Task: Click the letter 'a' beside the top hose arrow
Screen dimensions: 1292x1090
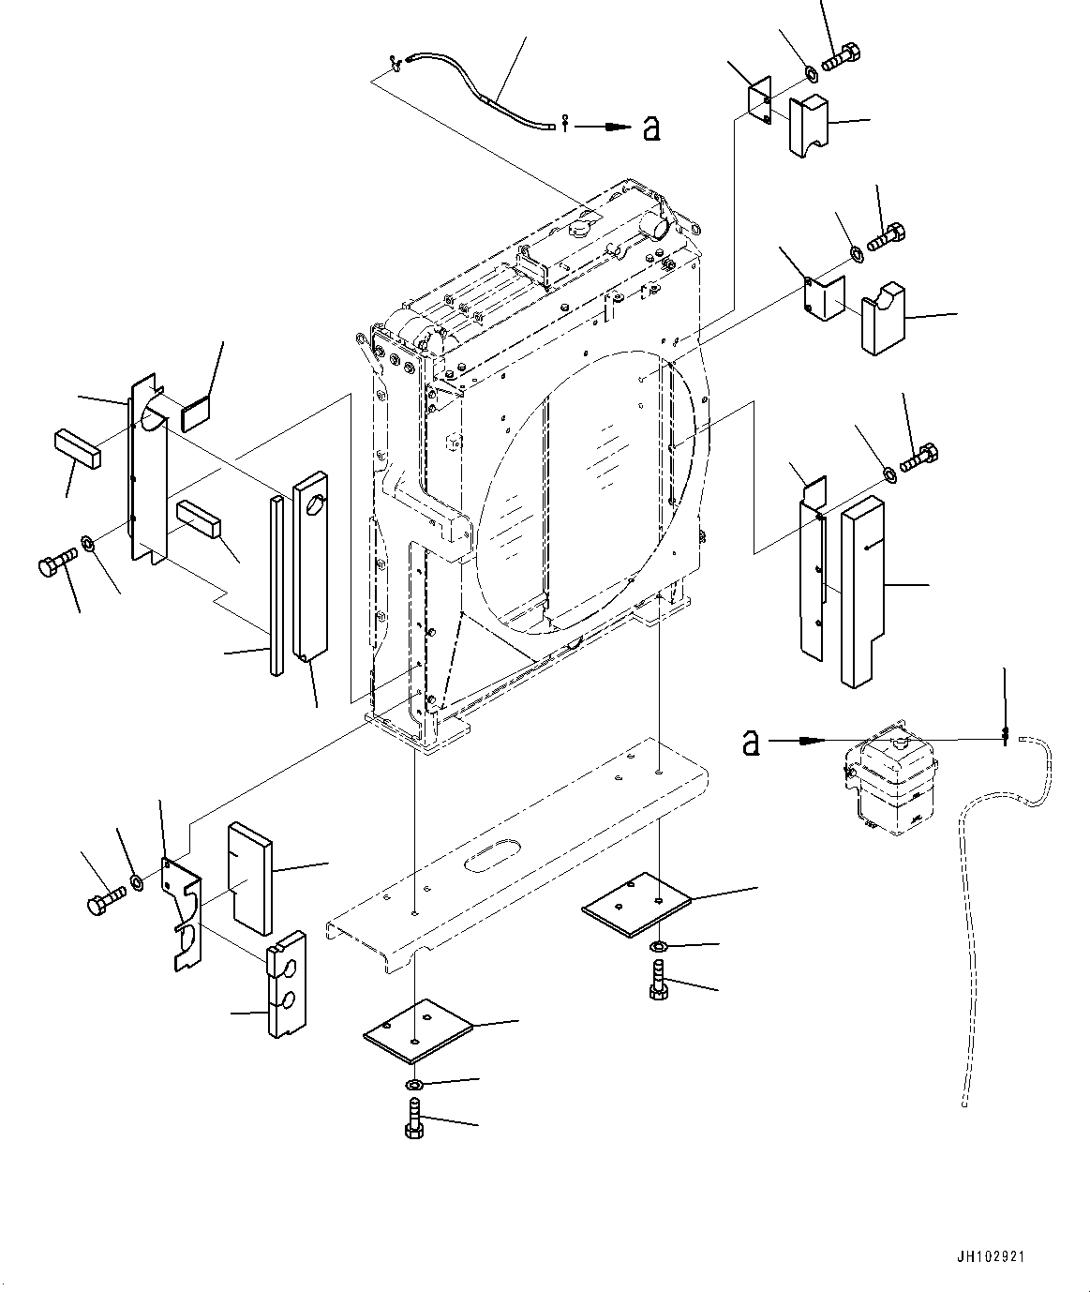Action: tap(652, 128)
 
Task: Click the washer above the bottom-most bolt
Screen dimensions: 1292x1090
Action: tap(415, 1085)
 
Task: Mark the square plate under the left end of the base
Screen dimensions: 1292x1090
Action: tap(418, 1034)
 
